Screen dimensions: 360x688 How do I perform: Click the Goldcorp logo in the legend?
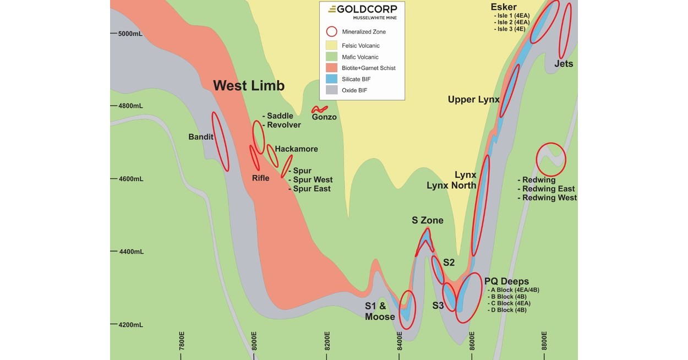(x=362, y=11)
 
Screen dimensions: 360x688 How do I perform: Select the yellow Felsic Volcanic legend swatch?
(x=331, y=46)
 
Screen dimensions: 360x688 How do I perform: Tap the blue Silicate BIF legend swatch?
(x=331, y=79)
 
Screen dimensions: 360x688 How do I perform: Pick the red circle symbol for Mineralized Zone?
(x=331, y=32)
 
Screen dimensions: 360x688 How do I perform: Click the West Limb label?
(x=249, y=86)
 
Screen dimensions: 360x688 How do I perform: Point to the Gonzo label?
(x=324, y=117)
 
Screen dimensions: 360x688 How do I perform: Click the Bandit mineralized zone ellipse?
(x=220, y=141)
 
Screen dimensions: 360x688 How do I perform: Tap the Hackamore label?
(x=296, y=149)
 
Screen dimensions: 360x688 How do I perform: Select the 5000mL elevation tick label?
(x=130, y=34)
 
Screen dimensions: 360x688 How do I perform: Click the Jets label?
(x=564, y=64)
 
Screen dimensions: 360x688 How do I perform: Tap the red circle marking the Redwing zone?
(x=551, y=159)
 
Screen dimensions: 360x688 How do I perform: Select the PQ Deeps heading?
(x=506, y=282)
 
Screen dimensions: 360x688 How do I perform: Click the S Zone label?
(x=428, y=221)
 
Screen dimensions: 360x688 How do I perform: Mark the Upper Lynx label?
(x=473, y=100)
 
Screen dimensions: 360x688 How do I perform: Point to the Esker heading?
(x=504, y=7)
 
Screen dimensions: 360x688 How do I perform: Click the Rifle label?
(x=261, y=178)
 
